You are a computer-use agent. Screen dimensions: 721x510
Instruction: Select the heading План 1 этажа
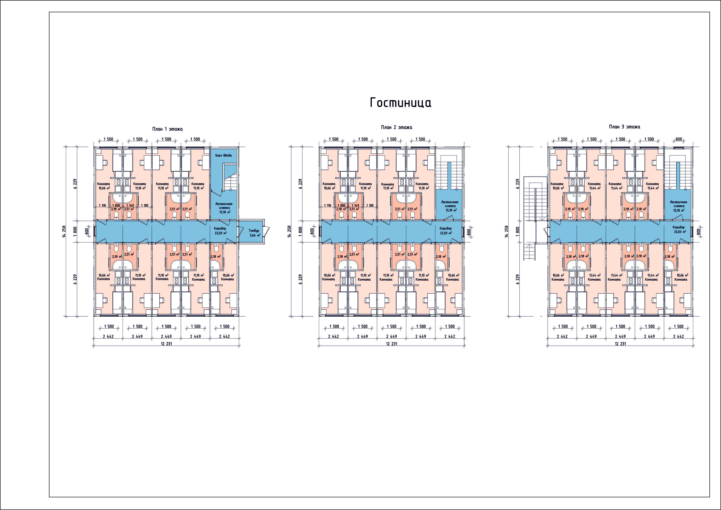(x=167, y=129)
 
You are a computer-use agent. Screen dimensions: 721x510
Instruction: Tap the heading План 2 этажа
(x=397, y=127)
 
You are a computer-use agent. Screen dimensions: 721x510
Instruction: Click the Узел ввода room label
(x=224, y=155)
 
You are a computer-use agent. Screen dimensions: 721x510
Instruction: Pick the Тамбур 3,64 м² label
(x=254, y=233)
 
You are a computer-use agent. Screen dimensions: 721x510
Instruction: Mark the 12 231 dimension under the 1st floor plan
(x=167, y=344)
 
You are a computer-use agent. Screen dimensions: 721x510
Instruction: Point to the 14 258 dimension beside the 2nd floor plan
(x=289, y=231)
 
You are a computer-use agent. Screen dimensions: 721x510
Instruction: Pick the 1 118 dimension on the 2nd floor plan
(x=327, y=205)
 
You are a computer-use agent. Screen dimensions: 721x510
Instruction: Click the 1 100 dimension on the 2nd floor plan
(x=370, y=205)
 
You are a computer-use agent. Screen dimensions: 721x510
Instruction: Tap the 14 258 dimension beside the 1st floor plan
(x=64, y=231)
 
